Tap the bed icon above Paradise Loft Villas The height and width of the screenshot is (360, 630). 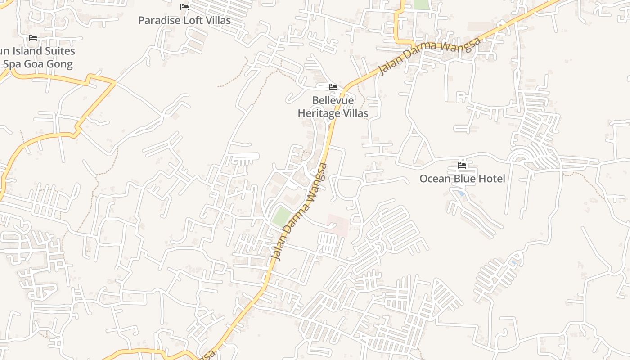tap(184, 7)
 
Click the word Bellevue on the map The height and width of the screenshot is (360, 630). tap(333, 100)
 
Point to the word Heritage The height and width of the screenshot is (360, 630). tap(319, 113)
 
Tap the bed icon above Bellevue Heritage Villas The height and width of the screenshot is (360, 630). tap(333, 87)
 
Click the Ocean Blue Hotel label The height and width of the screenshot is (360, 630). tap(462, 179)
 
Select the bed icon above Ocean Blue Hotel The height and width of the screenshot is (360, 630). tap(462, 166)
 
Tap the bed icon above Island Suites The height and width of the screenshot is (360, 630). tap(33, 38)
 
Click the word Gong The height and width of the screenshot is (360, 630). tap(59, 64)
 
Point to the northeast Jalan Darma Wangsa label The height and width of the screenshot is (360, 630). tap(430, 56)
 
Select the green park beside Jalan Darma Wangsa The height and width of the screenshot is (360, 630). tap(281, 216)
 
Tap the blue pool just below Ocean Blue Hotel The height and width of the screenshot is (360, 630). tap(460, 193)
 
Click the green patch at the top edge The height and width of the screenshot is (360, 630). tap(422, 4)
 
